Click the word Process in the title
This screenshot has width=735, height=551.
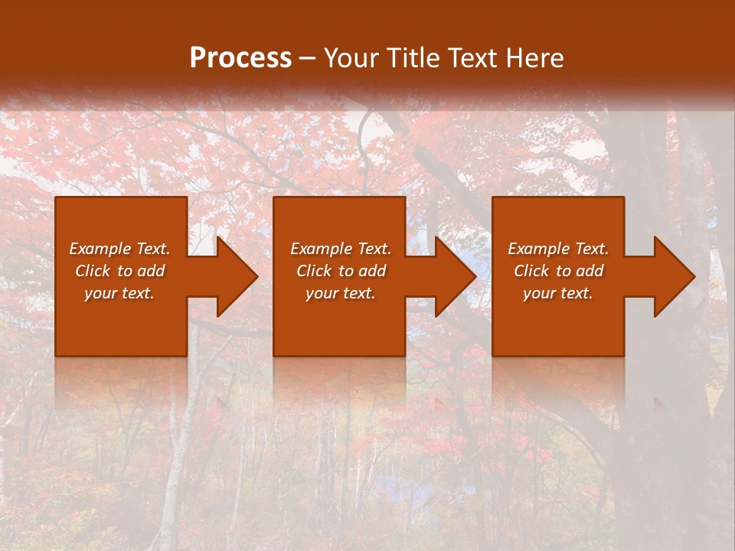pos(240,58)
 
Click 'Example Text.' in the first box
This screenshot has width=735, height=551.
pos(119,249)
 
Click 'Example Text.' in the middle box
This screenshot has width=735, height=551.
pos(341,249)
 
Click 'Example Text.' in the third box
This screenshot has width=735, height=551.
pos(558,249)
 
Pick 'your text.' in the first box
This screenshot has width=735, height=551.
pos(119,293)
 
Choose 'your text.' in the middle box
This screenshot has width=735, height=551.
pos(341,293)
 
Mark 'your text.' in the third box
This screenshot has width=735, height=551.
pos(558,293)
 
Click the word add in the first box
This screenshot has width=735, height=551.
pos(151,271)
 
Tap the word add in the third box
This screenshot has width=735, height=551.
pos(590,271)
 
